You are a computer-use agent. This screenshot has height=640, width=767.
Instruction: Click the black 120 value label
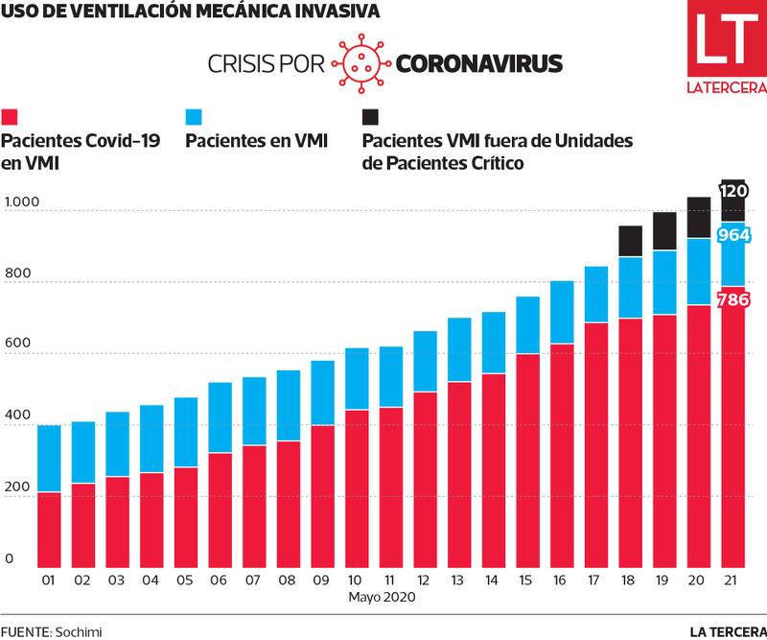pos(733,191)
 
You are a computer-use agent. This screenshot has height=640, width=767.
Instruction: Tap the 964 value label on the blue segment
pos(733,236)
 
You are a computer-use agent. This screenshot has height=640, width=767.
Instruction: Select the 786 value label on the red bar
pos(733,300)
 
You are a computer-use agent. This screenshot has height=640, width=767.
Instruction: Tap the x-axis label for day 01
pos(49,581)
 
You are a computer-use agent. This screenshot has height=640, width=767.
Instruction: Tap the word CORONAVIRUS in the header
pos(478,63)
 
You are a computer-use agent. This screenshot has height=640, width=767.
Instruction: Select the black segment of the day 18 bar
pos(630,241)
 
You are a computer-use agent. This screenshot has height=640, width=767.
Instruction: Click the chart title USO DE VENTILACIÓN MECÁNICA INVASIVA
pos(189,12)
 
